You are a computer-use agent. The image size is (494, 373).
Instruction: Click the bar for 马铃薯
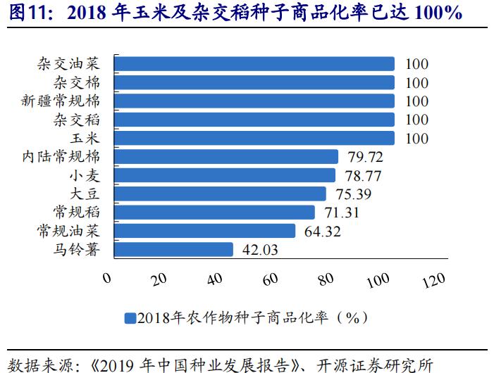click(x=173, y=249)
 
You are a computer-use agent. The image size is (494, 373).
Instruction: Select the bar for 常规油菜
click(x=204, y=231)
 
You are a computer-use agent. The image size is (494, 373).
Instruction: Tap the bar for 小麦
click(x=224, y=175)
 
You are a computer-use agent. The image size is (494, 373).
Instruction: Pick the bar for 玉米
click(x=254, y=138)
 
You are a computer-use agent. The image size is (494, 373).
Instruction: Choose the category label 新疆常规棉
click(x=66, y=101)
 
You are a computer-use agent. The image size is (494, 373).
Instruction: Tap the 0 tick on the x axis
click(x=107, y=277)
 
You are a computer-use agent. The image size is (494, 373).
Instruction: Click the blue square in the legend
click(x=130, y=317)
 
